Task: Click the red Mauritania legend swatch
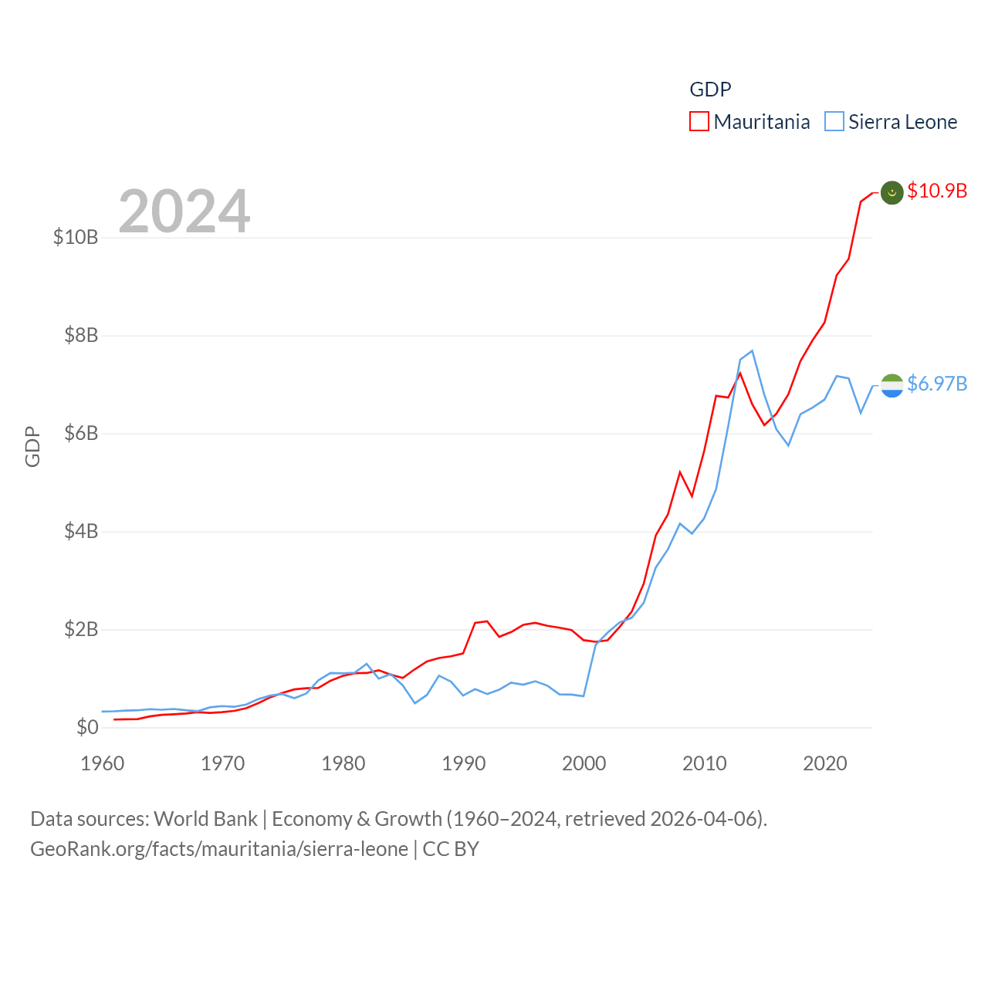click(x=699, y=122)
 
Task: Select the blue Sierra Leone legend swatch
click(x=834, y=122)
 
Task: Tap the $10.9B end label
click(x=937, y=191)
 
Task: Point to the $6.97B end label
click(x=937, y=384)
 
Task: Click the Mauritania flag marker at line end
click(x=892, y=193)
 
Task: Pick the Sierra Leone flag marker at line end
click(x=892, y=385)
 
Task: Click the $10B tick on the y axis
click(x=76, y=237)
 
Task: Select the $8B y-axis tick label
click(x=81, y=335)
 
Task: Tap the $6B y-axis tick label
click(x=81, y=433)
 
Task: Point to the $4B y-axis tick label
click(x=81, y=531)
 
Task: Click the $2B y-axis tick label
click(x=81, y=629)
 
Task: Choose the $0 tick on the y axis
click(x=87, y=727)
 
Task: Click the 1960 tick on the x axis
click(x=103, y=763)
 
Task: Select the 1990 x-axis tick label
click(x=464, y=763)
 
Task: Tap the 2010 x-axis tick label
click(x=705, y=763)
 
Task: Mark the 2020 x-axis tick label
click(x=825, y=763)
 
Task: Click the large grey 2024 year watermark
click(x=184, y=211)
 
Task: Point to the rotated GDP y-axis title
click(x=32, y=446)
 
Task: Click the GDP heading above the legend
click(x=710, y=90)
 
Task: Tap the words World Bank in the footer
click(x=205, y=818)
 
